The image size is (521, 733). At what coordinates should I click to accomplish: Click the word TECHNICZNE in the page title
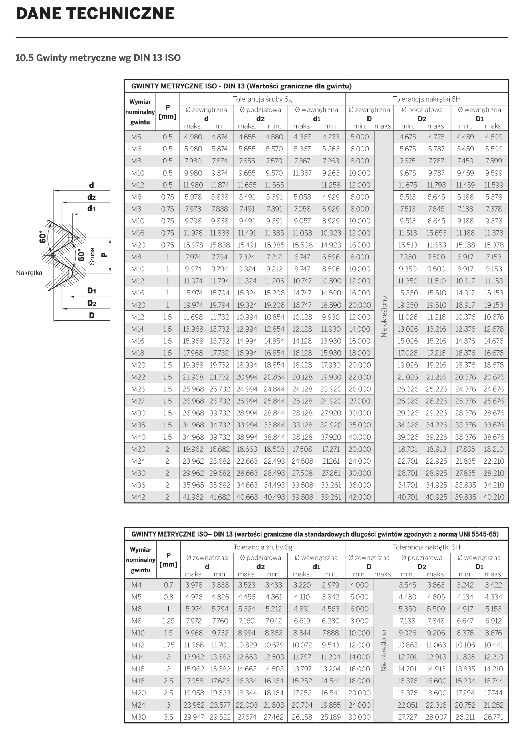point(121,14)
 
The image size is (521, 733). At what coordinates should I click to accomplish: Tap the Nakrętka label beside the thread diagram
point(29,273)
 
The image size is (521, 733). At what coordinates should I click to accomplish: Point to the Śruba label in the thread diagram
point(92,256)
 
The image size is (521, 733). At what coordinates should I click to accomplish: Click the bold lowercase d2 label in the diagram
point(92,197)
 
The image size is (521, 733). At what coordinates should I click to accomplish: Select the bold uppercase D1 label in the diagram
point(92,291)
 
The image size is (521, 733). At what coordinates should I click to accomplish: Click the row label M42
point(138,497)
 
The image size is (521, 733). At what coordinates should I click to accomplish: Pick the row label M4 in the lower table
point(136,585)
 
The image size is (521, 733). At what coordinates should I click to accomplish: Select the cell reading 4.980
point(193,137)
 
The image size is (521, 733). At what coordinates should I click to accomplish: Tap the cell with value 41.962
point(193,497)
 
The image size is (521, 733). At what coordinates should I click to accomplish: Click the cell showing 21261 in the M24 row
point(331,461)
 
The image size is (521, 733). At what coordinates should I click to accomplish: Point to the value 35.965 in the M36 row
point(193,485)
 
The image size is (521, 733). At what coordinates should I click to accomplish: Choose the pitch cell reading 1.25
point(168,621)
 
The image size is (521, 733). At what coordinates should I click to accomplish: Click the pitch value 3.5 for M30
point(168,717)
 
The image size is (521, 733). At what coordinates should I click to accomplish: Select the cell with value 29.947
point(194,717)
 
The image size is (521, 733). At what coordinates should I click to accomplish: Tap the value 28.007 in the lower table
point(436,717)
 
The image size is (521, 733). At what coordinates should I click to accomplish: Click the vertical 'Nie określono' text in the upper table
point(384,316)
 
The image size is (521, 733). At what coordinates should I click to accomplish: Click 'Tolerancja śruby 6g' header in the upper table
point(263,99)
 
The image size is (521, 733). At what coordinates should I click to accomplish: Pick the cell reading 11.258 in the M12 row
point(331,185)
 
